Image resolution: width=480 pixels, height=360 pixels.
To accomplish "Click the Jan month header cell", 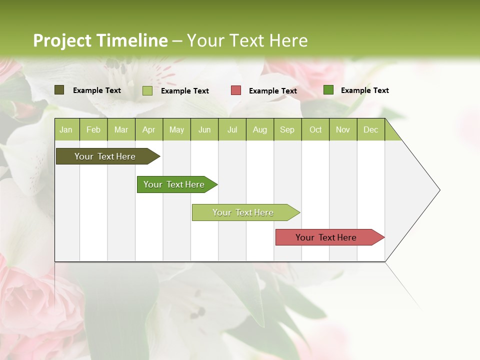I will (x=66, y=129).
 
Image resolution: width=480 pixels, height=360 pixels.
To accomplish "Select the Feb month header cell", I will (x=93, y=129).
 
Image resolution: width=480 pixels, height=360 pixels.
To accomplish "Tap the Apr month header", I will (x=149, y=129).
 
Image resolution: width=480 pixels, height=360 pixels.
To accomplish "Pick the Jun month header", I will (x=204, y=129).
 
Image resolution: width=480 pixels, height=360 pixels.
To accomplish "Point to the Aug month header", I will (x=260, y=129).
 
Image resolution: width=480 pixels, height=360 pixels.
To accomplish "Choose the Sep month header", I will (x=287, y=129).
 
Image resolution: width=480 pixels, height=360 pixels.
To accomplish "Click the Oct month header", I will (x=315, y=129).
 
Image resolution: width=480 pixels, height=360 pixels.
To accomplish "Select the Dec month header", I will (x=371, y=129).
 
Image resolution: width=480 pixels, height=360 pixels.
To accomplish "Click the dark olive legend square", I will (x=59, y=90).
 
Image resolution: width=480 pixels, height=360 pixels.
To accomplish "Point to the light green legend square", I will (x=147, y=90).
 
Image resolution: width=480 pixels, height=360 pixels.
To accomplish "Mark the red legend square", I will (x=236, y=90).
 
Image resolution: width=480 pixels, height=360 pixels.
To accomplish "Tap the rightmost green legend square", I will (x=328, y=90).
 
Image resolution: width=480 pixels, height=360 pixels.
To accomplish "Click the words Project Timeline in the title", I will (x=100, y=40).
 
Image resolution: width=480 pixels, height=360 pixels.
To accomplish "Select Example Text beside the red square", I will (x=273, y=91).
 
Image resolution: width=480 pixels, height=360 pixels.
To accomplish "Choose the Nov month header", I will (x=343, y=129).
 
